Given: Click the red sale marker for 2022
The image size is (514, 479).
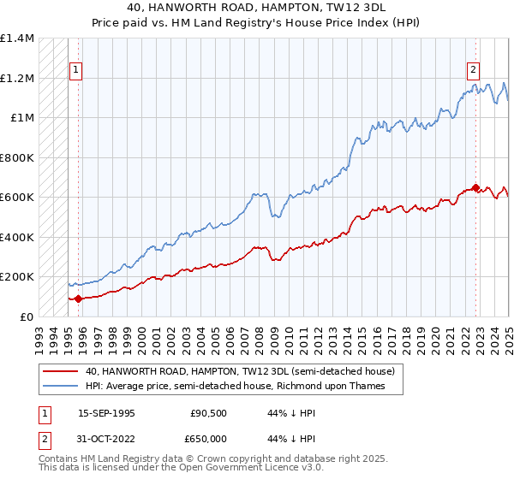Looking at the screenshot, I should [475, 187].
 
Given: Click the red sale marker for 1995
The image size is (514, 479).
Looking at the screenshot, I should [79, 299].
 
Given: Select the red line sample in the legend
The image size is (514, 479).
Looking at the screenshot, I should [60, 372].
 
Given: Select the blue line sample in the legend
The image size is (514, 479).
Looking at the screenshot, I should [60, 387].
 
